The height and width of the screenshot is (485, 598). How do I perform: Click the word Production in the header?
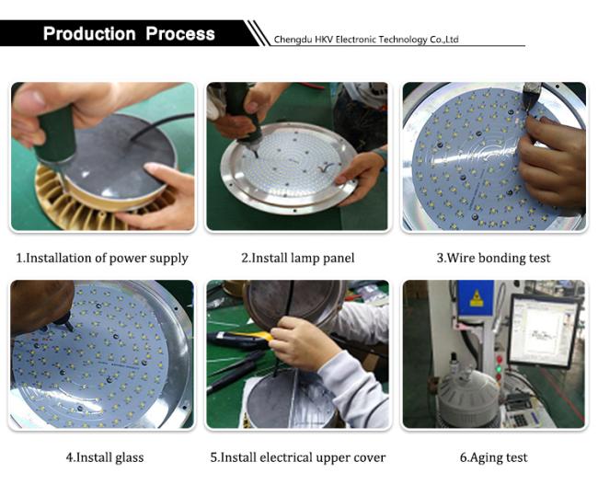pyautogui.click(x=89, y=33)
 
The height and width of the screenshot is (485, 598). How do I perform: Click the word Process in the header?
pyautogui.click(x=180, y=33)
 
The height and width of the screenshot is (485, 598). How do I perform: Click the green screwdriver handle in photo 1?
pyautogui.click(x=56, y=133)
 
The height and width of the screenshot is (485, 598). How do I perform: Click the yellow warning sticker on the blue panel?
pyautogui.click(x=477, y=298)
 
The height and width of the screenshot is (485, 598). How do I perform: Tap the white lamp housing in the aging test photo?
pyautogui.click(x=468, y=397)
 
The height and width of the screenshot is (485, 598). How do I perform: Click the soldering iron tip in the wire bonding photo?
pyautogui.click(x=529, y=110)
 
